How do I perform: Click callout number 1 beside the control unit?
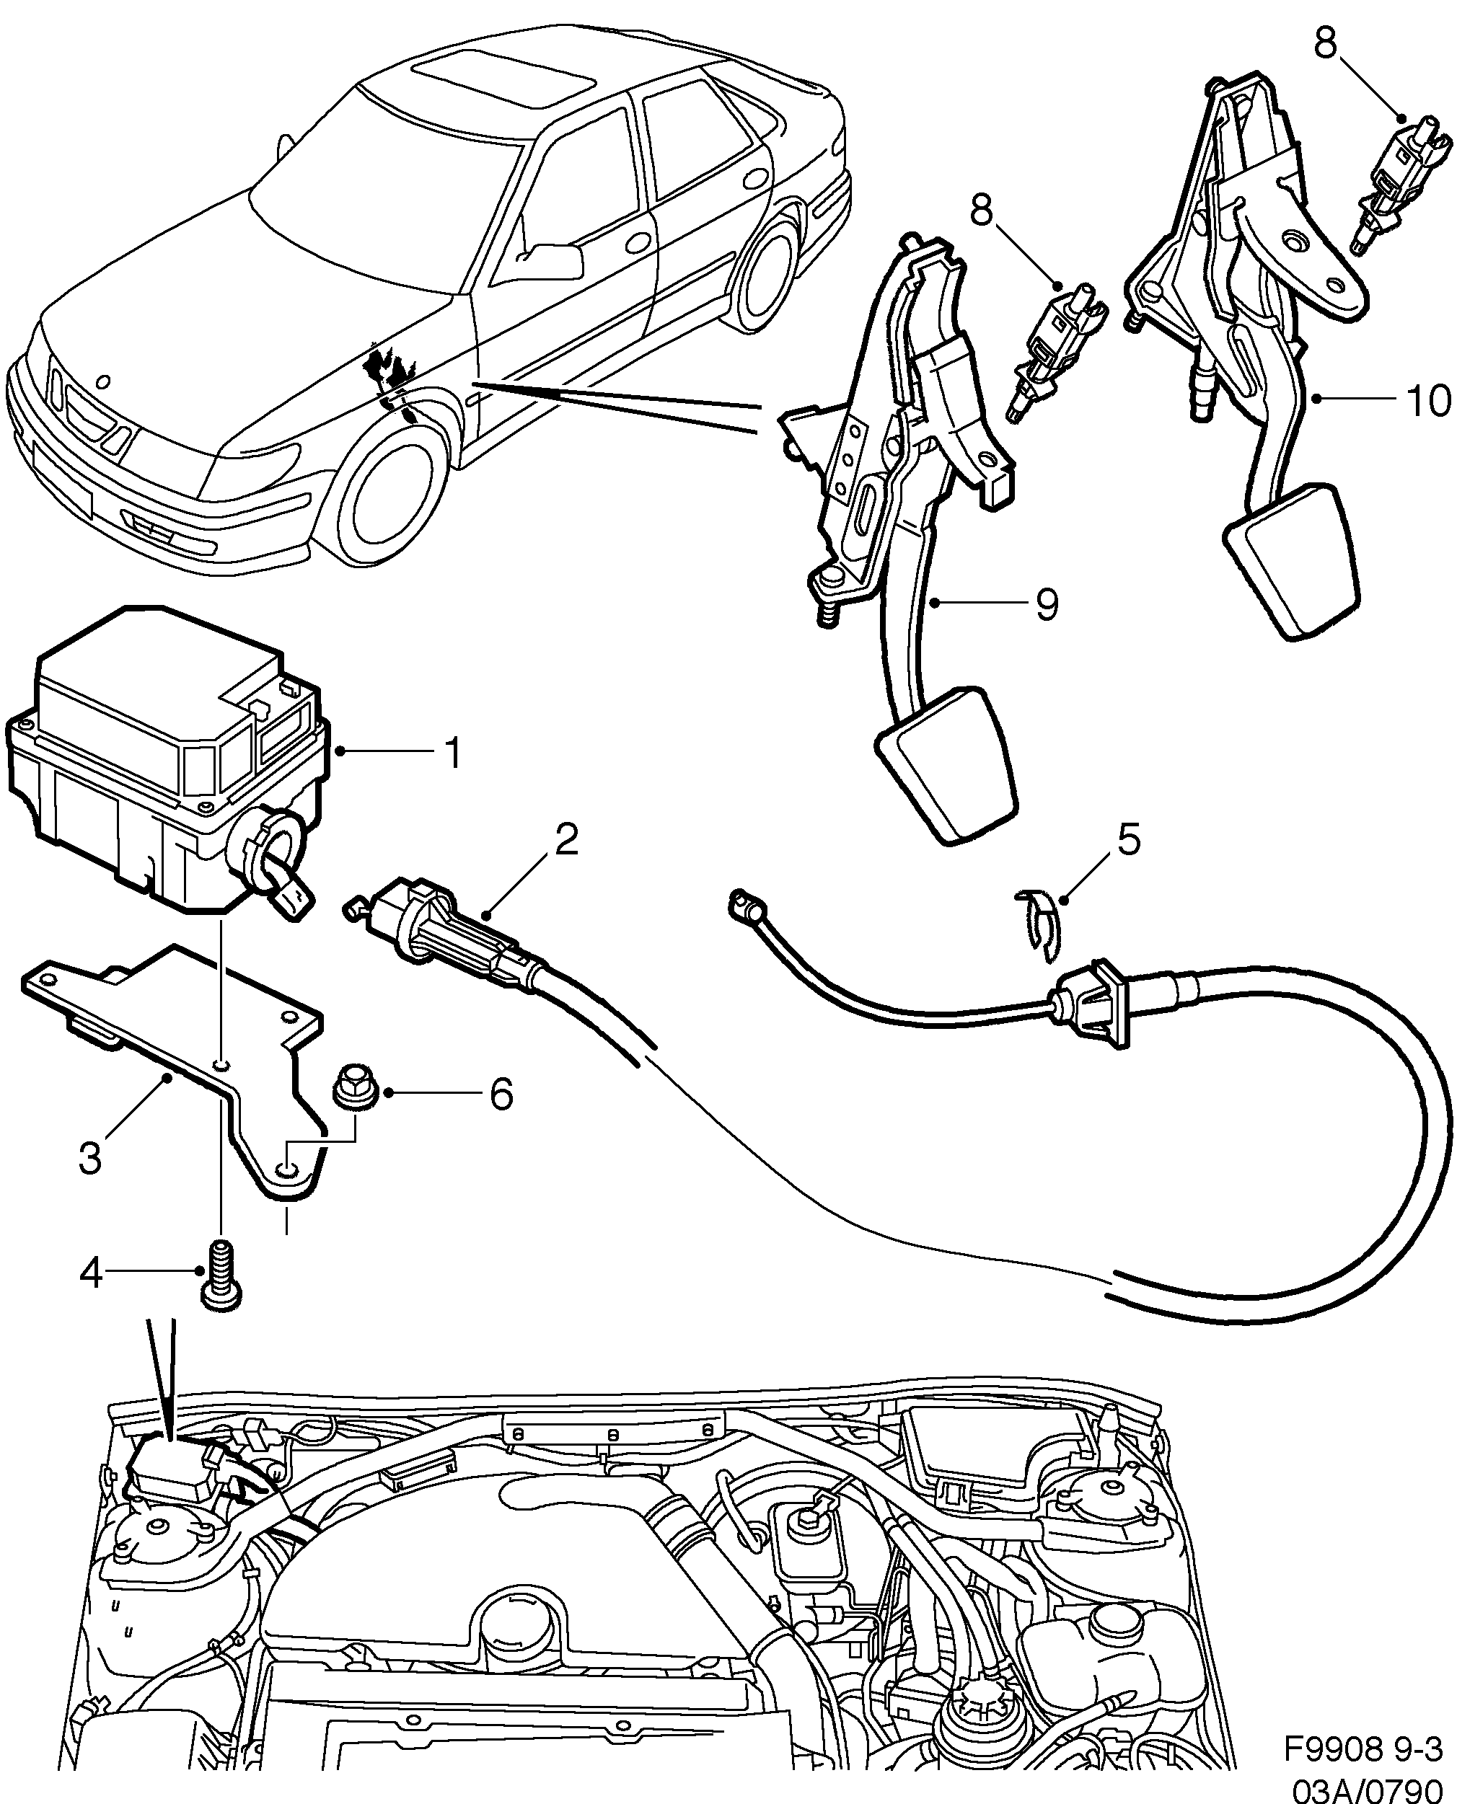[452, 753]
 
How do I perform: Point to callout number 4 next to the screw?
[90, 1297]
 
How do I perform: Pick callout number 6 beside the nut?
[501, 1094]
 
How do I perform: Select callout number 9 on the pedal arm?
[1047, 604]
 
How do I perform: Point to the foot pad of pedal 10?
[1293, 558]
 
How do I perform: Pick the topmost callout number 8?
[1324, 45]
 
